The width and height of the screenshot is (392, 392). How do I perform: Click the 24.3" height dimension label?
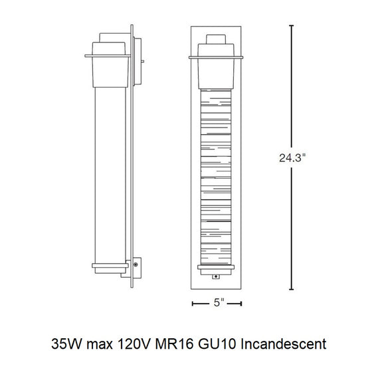292,157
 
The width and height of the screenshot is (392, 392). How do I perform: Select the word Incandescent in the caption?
284,344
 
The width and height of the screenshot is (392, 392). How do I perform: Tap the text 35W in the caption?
66,344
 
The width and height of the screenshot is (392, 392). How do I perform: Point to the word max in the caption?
100,345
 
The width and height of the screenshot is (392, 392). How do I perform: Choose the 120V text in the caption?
134,344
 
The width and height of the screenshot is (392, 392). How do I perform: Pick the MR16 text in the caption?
174,344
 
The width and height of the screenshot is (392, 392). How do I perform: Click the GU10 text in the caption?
217,344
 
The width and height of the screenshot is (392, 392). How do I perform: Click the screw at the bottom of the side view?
136,264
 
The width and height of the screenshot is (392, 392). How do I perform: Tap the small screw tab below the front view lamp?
216,276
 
